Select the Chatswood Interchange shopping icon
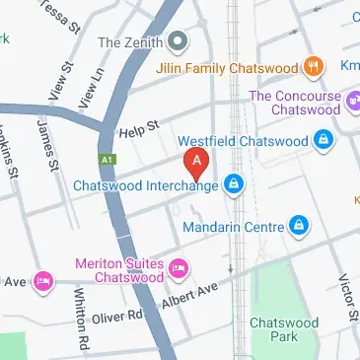point(234,183)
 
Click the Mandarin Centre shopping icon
point(298,227)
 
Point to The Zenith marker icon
point(178,42)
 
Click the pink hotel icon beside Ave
point(43,282)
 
